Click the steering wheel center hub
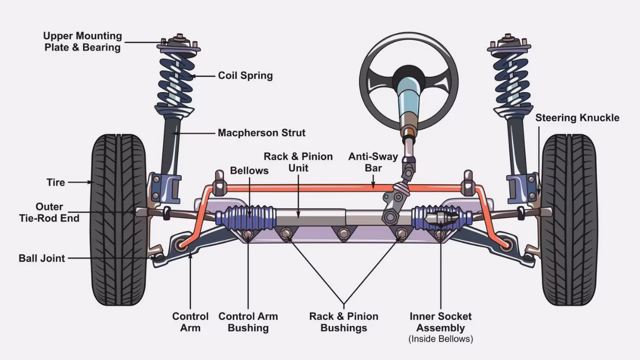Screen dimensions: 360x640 tap(408, 78)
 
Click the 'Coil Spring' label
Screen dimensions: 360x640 tap(245, 75)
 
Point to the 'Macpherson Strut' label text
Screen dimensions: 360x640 tap(261, 133)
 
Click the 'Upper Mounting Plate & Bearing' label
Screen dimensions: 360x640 tap(82, 41)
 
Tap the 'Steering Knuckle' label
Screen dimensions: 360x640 tap(577, 118)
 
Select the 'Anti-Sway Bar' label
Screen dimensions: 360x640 tap(373, 162)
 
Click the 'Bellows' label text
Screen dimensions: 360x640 tap(249, 170)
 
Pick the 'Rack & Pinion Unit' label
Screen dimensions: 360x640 tap(298, 162)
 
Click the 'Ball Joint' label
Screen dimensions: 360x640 tap(42, 258)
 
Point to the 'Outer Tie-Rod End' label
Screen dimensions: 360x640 tap(49, 212)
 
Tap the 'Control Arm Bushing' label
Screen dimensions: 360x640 tap(248, 322)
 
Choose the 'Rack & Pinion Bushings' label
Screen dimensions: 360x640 tap(343, 322)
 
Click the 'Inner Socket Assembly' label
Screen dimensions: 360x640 tap(440, 322)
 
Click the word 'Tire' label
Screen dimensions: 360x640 tap(56, 182)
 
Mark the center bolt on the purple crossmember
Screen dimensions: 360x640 tap(343, 233)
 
